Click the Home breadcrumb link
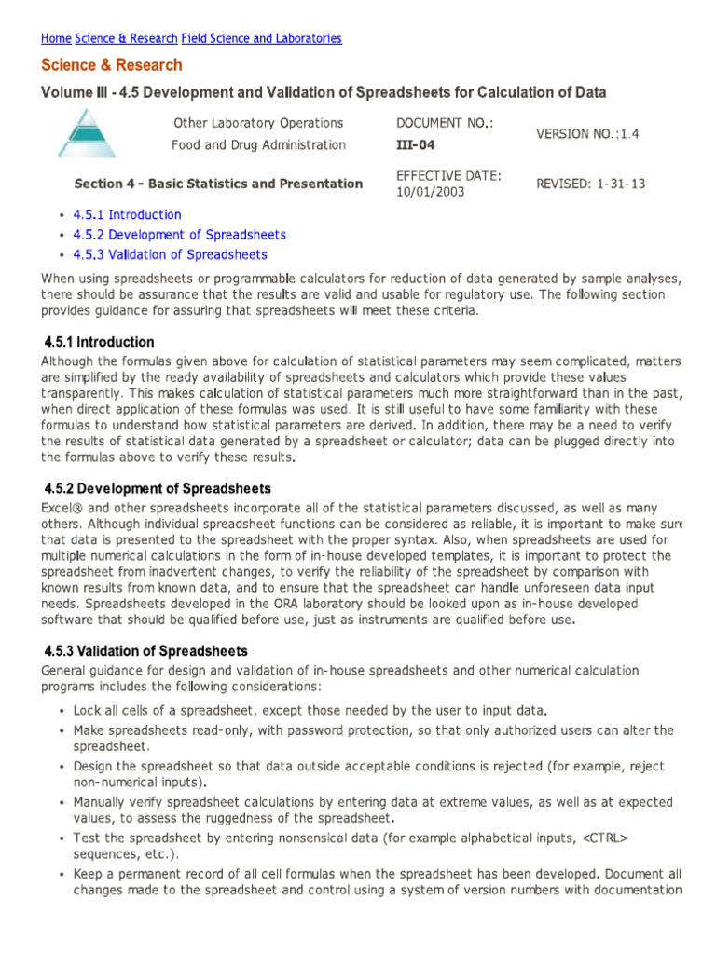click(56, 38)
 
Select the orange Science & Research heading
click(112, 65)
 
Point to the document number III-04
click(416, 144)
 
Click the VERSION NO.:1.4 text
click(587, 134)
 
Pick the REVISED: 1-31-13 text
click(590, 184)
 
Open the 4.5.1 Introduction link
click(128, 215)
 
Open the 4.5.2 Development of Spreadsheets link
click(180, 235)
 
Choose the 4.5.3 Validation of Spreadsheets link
click(171, 254)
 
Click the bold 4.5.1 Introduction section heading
click(100, 342)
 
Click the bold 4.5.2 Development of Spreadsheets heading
click(158, 488)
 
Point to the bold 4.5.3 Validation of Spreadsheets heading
click(146, 650)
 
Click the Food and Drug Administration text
click(258, 144)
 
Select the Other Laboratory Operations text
click(258, 123)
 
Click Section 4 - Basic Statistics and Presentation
click(218, 184)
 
